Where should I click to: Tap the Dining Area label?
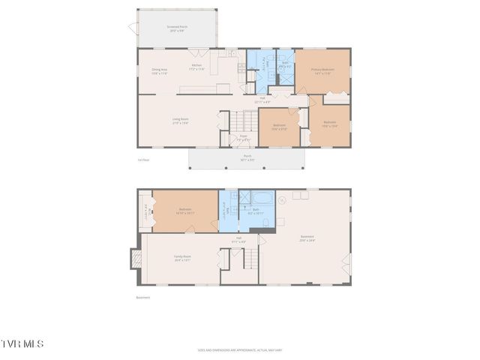160,71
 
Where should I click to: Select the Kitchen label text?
196,67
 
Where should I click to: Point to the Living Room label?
180,120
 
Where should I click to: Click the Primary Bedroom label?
322,70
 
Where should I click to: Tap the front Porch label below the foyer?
247,157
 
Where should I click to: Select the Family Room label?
183,258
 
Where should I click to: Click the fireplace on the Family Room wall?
136,259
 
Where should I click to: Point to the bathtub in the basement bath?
262,199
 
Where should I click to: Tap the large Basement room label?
307,238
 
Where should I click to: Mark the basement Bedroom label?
185,211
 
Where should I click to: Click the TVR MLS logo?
22,343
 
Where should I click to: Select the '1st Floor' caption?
142,160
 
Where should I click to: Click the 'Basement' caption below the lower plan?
142,297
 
